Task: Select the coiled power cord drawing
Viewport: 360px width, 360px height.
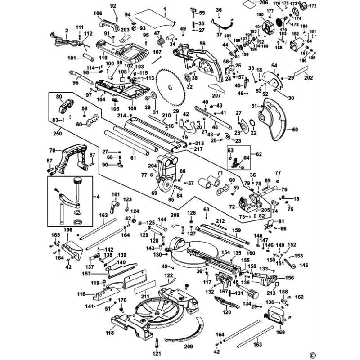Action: [63, 40]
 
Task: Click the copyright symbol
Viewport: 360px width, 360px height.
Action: [311, 352]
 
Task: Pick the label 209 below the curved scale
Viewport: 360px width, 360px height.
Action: [188, 346]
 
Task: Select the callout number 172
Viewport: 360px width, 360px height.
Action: [313, 6]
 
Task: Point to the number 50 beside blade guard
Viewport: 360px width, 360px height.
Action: [295, 130]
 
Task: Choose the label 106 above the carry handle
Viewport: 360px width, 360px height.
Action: [98, 13]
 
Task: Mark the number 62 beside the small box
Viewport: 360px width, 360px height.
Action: [258, 154]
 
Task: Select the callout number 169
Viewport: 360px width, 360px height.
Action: [281, 333]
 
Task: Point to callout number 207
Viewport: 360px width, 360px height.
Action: [216, 95]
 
